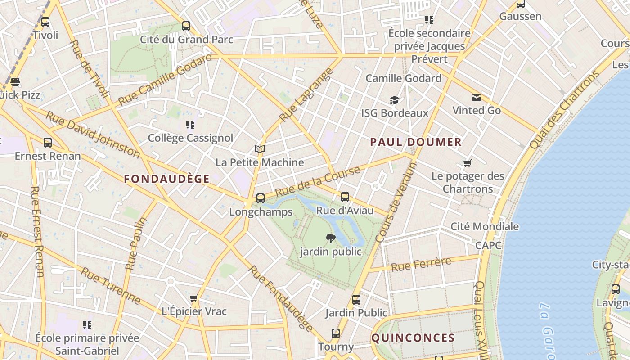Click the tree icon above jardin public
tap(331, 238)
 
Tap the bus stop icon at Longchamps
tap(260, 198)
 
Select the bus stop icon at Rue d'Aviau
tap(345, 197)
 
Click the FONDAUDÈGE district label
tap(167, 179)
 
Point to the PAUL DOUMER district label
tap(416, 142)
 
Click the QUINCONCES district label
tap(413, 338)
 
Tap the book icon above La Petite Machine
tap(260, 149)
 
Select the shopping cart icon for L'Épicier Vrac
tap(194, 298)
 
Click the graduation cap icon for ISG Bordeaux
tap(395, 100)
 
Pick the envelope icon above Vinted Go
tap(476, 98)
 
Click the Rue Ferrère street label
tap(421, 264)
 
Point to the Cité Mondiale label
tap(485, 226)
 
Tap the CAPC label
tap(488, 245)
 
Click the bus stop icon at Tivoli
tap(45, 22)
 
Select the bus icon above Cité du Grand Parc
tap(186, 26)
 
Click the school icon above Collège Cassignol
tap(190, 125)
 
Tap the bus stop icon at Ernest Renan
tap(48, 143)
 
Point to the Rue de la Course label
tap(318, 181)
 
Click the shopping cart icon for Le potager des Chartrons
tap(468, 163)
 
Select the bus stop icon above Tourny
tap(336, 333)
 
